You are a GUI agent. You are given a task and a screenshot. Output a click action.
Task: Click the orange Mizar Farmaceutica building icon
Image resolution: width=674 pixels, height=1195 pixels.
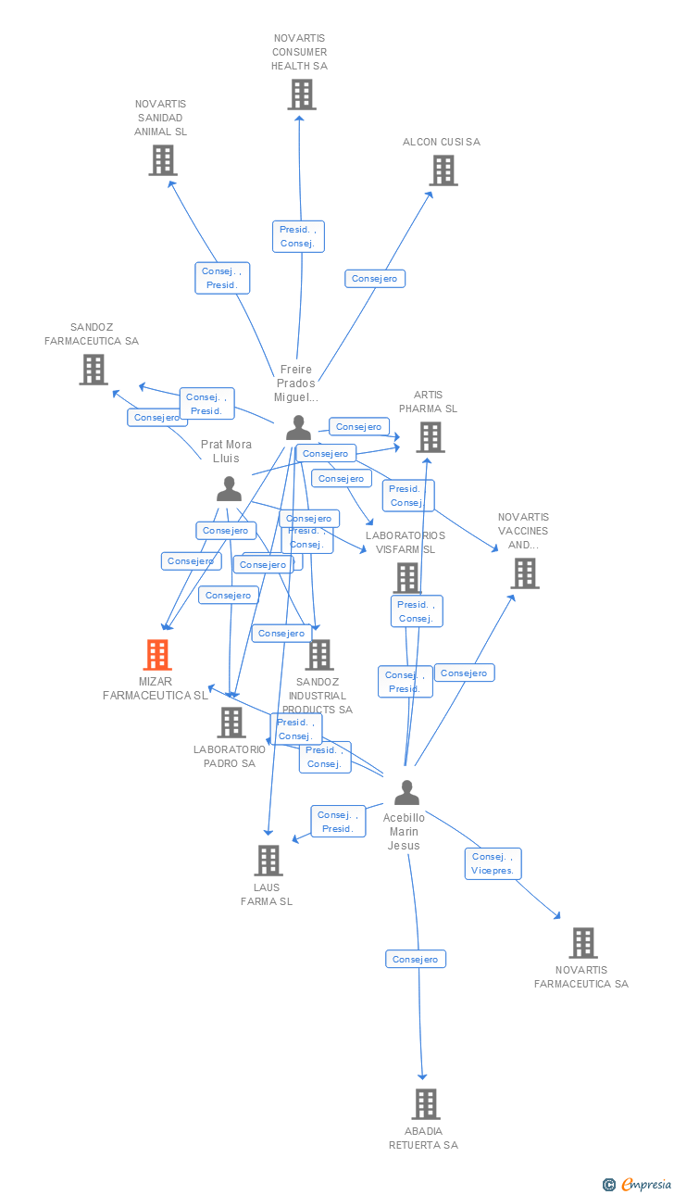coord(157,655)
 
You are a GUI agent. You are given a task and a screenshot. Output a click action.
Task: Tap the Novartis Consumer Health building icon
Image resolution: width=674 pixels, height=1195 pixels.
coord(301,94)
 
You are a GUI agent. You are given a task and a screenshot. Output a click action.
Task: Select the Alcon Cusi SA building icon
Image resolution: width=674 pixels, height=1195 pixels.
coord(443,170)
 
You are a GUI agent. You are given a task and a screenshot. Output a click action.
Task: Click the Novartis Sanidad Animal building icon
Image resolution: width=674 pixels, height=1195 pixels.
coord(163,160)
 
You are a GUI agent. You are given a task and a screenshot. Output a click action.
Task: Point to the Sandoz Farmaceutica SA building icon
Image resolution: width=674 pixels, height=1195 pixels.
coord(93,370)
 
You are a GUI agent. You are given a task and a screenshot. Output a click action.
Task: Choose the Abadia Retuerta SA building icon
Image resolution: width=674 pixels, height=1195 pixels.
coord(425,1104)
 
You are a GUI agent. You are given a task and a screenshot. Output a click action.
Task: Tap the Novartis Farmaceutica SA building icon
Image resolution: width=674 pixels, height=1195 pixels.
coord(582,943)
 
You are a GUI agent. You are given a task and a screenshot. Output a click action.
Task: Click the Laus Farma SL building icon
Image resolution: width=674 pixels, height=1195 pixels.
coord(268,861)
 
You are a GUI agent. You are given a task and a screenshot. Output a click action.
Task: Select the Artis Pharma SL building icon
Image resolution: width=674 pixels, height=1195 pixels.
coord(430,437)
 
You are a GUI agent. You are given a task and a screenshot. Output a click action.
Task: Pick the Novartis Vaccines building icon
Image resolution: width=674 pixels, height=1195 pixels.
coord(524,573)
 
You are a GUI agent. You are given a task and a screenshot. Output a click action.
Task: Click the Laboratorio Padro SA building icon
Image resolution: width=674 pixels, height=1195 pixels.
coord(231,723)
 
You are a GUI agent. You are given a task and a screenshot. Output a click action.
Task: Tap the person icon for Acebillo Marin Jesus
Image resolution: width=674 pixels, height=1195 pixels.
coord(406,793)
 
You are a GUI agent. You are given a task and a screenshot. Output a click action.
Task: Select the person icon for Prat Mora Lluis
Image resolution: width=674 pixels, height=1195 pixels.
coord(229,488)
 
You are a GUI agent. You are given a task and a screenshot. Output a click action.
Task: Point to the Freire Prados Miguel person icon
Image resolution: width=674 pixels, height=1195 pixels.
coord(298,427)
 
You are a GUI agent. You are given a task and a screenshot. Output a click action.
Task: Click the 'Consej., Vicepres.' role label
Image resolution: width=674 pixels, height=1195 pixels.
coord(493,863)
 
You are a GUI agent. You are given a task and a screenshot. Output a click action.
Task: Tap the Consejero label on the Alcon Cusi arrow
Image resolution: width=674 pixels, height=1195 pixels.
coord(375,278)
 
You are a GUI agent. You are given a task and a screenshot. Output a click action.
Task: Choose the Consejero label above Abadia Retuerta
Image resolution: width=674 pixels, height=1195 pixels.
coord(416,959)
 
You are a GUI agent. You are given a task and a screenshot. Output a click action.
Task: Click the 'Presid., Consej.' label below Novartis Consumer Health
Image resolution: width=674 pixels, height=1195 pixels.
coord(298,236)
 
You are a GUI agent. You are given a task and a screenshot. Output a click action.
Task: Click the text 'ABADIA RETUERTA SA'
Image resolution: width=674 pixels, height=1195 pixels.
coord(423,1138)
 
